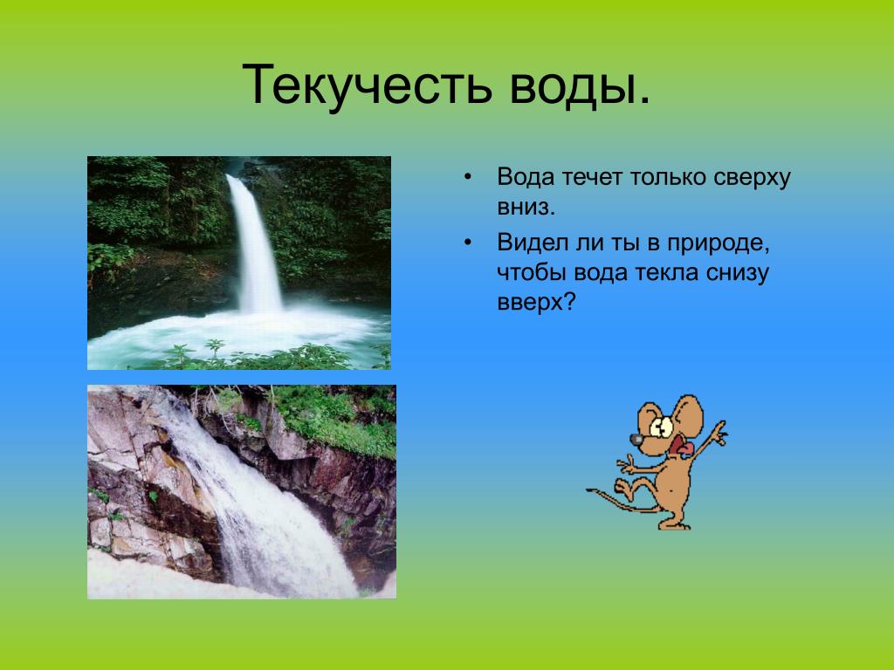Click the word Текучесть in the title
pos(367,85)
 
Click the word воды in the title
pos(580,85)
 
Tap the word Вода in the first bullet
pos(526,177)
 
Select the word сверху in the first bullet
pos(752,178)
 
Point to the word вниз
pos(526,207)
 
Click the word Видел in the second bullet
pos(533,243)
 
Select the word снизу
pos(737,273)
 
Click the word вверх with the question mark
pos(537,303)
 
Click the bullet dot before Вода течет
pos(468,177)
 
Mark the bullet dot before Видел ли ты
pos(468,243)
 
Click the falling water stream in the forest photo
pos(256,244)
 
